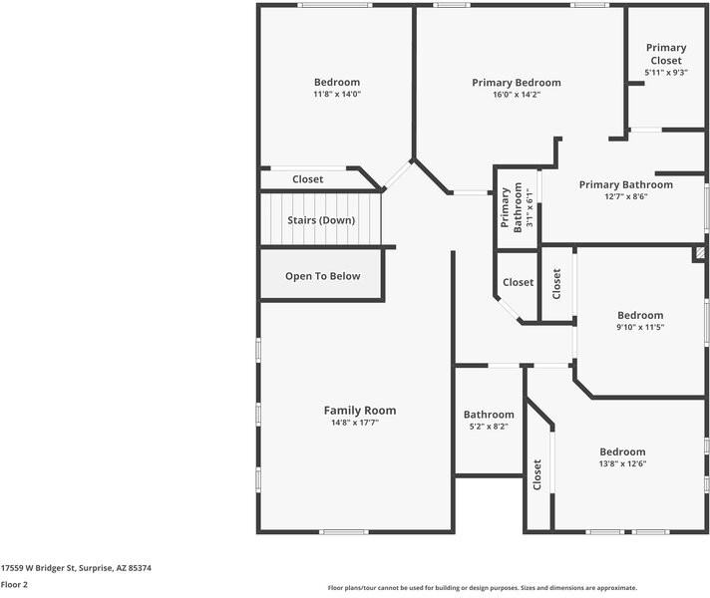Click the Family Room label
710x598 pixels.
click(359, 410)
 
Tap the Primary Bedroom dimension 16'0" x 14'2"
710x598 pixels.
click(517, 96)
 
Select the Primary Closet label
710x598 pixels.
click(665, 54)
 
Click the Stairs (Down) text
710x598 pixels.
click(321, 220)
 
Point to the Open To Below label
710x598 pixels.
click(322, 276)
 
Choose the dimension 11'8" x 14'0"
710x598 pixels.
click(336, 95)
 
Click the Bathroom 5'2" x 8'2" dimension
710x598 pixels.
click(489, 427)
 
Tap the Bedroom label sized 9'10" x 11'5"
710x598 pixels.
click(639, 315)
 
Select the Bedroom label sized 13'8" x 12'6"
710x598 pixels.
click(622, 451)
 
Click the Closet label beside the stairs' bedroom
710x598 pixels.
click(307, 179)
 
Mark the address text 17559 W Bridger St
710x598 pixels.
click(76, 567)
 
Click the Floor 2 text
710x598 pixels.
click(14, 585)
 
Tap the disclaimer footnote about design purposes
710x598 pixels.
click(483, 588)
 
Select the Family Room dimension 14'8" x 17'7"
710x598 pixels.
click(359, 423)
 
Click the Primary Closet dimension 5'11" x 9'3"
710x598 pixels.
click(665, 73)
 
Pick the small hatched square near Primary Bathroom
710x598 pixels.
click(700, 254)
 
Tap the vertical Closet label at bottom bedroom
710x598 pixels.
click(537, 474)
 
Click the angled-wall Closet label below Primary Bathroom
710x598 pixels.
click(518, 282)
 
